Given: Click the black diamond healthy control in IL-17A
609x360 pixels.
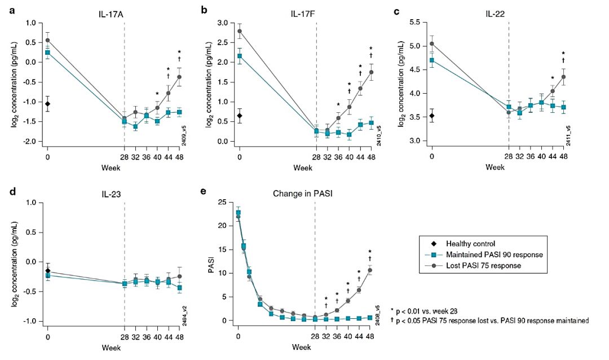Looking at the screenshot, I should [x=48, y=104].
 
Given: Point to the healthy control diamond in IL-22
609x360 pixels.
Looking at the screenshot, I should [x=432, y=116].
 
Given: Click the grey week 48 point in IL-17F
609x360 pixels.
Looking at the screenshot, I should [x=371, y=72].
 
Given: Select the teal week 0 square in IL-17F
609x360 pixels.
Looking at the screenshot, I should [x=240, y=56].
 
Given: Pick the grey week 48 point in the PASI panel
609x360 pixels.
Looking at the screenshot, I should [x=370, y=270].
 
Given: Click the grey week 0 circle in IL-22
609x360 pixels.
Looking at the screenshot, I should [x=432, y=43].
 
